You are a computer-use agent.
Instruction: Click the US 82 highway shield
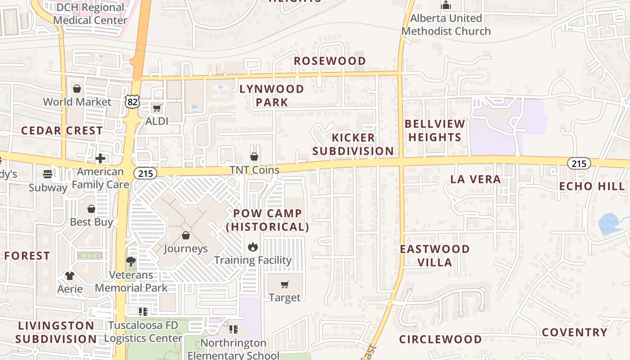tap(132, 102)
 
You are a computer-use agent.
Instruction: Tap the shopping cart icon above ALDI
tap(157, 108)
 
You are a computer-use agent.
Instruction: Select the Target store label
tap(284, 297)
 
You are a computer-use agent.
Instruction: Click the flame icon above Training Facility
tap(253, 247)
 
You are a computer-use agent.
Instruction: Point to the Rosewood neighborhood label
tap(330, 61)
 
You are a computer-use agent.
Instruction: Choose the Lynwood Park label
tap(272, 95)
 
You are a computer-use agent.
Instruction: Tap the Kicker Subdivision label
tap(353, 144)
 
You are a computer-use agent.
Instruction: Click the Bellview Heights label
tap(435, 130)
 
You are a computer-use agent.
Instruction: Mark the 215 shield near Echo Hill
tap(579, 163)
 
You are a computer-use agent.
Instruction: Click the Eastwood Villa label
tap(435, 256)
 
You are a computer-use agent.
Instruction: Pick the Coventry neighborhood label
tap(575, 333)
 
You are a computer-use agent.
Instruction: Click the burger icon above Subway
tap(48, 174)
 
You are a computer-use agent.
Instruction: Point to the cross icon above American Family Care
tap(100, 158)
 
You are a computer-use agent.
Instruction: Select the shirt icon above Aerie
tap(70, 275)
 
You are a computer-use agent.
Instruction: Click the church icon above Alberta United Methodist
tap(446, 5)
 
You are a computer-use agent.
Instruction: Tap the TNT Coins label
tap(254, 170)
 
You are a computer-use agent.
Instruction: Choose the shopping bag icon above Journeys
tap(185, 235)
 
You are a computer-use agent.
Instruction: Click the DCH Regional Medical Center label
tap(90, 13)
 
